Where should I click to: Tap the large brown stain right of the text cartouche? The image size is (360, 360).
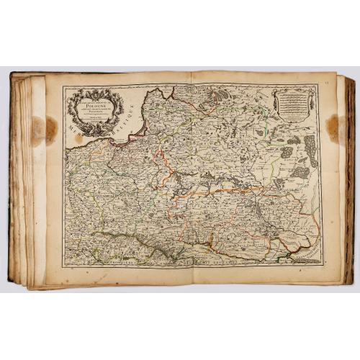(x=333, y=126)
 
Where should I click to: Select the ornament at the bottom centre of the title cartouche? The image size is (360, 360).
(x=96, y=131)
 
